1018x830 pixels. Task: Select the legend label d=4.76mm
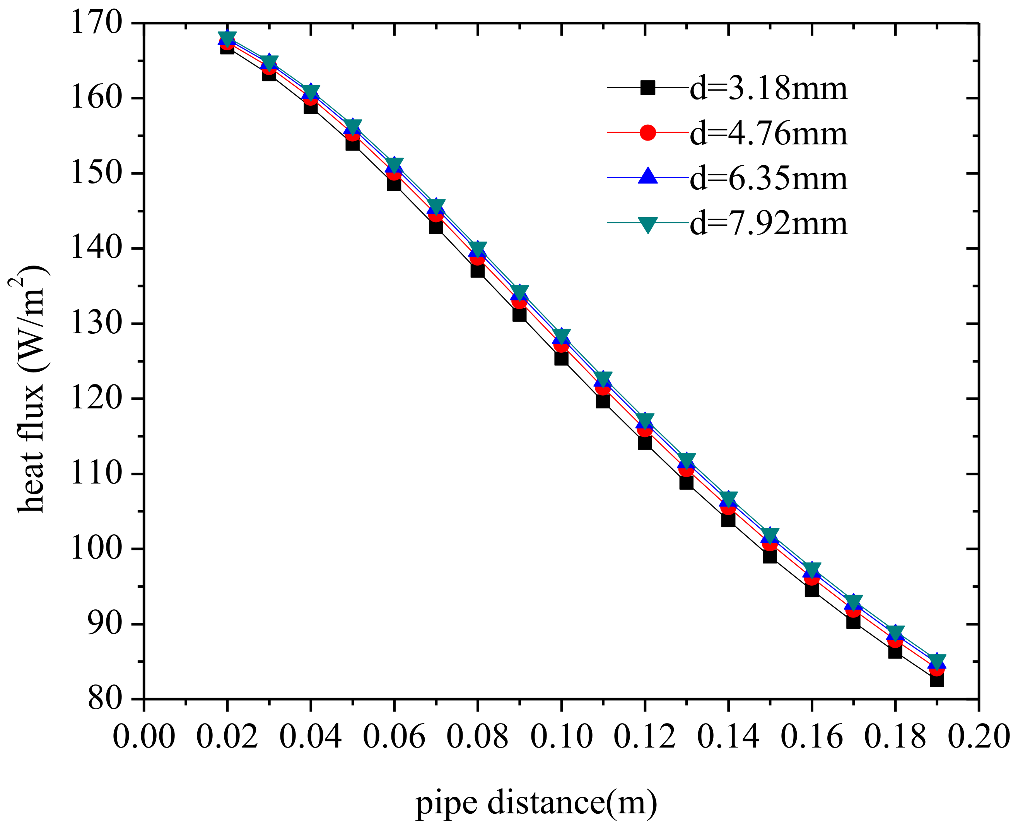(768, 134)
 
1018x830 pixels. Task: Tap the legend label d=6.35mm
(768, 178)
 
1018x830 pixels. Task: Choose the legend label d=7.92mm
(768, 223)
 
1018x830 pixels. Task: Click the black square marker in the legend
(648, 88)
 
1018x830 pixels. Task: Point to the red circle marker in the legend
(648, 132)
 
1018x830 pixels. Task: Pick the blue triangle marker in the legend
(648, 176)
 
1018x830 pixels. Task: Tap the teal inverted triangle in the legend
(648, 224)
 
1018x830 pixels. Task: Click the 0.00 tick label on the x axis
(143, 736)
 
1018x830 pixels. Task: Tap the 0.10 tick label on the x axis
(561, 736)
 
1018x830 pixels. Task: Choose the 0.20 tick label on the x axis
(978, 736)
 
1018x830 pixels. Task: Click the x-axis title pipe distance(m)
(536, 803)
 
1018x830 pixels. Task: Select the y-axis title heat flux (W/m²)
(30, 388)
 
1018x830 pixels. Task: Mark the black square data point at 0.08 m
(477, 271)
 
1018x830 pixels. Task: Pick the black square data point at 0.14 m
(728, 520)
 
